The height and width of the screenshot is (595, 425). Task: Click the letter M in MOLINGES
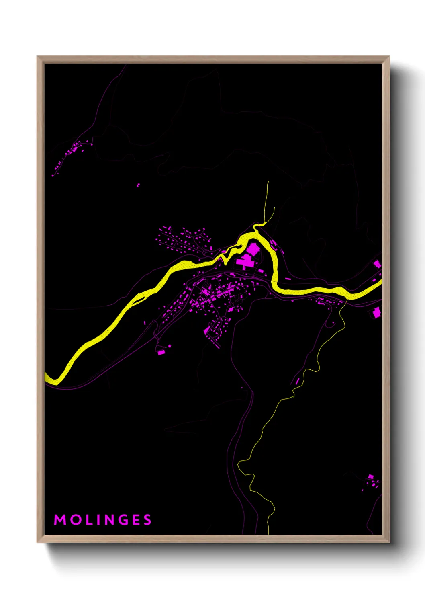point(60,520)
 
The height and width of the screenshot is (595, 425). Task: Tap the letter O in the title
point(75,520)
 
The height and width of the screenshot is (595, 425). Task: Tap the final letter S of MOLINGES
point(147,520)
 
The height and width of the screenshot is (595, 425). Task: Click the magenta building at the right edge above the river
point(377,264)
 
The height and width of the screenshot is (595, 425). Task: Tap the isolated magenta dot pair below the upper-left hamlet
point(138,185)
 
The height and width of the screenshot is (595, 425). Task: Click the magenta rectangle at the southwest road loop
point(161,352)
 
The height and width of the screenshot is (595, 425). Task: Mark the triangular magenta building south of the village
point(206,330)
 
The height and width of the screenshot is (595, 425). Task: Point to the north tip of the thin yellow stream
point(268,182)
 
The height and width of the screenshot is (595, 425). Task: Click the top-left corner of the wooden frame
point(37,57)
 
